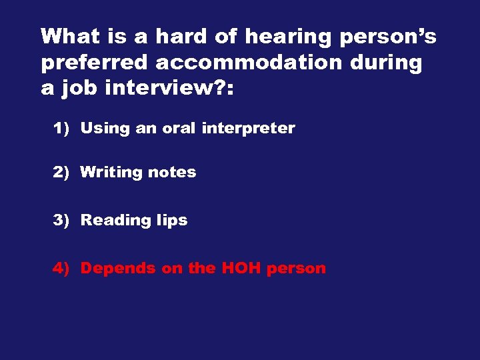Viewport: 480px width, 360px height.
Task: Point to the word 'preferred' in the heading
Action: (x=94, y=64)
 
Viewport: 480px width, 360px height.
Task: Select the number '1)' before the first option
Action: (x=61, y=129)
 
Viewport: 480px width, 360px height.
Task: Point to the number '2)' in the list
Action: (x=61, y=172)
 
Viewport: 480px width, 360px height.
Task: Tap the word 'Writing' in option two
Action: (x=111, y=173)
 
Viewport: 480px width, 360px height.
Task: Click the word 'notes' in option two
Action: (x=172, y=172)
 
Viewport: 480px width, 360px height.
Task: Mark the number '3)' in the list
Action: (x=61, y=220)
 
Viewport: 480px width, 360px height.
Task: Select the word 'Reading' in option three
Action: (x=111, y=221)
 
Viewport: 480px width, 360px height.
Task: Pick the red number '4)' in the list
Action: (x=61, y=269)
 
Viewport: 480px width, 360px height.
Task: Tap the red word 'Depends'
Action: (x=115, y=269)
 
